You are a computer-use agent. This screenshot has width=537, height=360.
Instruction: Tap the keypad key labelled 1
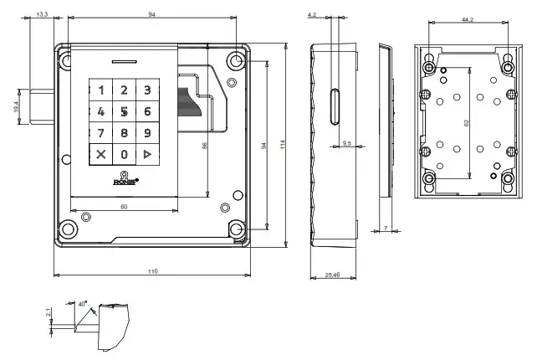click(x=102, y=90)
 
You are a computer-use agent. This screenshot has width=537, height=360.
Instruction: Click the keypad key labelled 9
click(x=147, y=132)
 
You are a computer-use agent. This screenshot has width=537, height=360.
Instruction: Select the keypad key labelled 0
click(x=125, y=154)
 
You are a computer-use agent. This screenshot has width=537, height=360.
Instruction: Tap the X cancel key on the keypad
click(x=102, y=154)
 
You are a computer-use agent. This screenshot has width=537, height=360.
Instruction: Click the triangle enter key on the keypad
click(x=147, y=154)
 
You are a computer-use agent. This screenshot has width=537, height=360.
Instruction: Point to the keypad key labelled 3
click(x=147, y=90)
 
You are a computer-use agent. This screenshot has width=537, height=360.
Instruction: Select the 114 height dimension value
click(x=284, y=144)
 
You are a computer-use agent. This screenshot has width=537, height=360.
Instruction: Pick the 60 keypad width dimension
click(x=124, y=205)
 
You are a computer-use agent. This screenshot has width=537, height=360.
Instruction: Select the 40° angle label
click(x=82, y=305)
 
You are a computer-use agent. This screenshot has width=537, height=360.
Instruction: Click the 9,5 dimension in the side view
click(x=347, y=144)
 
